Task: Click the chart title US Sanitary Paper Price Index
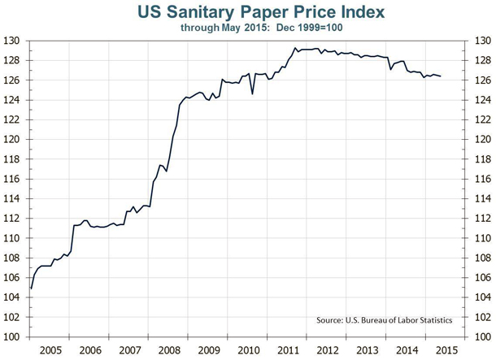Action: point(249,11)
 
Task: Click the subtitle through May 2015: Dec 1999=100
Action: point(249,26)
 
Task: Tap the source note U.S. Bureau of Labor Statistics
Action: point(384,320)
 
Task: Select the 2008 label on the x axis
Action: point(170,349)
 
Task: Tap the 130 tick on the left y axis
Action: point(14,41)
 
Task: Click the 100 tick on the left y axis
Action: point(14,336)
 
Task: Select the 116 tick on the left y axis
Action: point(14,179)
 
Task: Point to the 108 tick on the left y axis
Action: point(14,258)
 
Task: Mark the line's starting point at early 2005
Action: point(31,288)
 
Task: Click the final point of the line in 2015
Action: point(442,76)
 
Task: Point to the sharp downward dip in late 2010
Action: point(252,93)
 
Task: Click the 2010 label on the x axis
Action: point(250,349)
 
